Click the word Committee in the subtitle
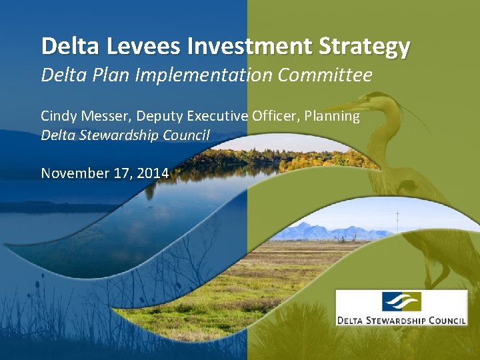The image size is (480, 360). [331, 76]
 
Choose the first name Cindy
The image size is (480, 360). [57, 116]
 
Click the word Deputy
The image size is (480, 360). [159, 117]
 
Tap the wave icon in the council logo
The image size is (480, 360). [401, 302]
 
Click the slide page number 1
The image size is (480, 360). [470, 350]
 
